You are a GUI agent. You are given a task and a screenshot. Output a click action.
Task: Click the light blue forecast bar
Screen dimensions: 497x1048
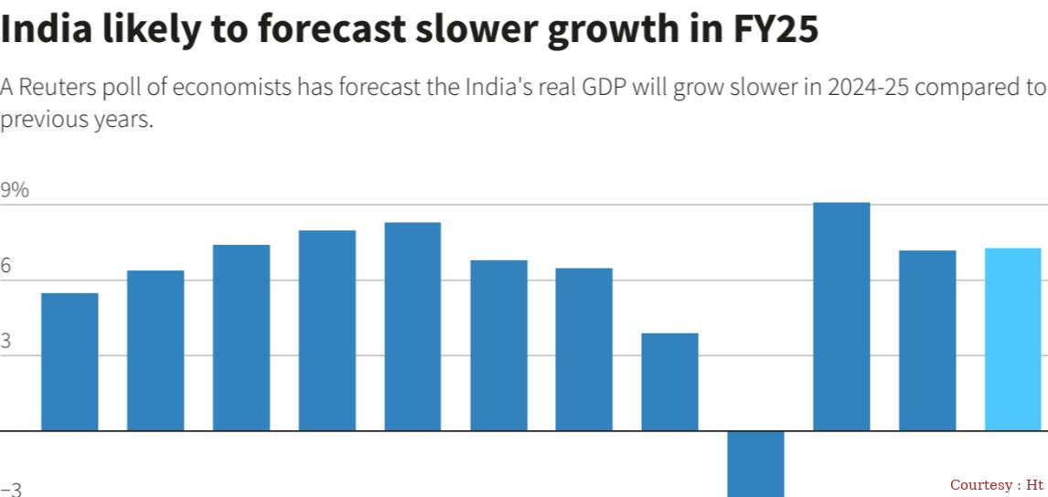coord(1012,339)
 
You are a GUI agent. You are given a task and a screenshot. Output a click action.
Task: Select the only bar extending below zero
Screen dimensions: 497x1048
coord(755,463)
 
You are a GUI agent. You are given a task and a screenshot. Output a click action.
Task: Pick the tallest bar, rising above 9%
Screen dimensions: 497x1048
coord(841,316)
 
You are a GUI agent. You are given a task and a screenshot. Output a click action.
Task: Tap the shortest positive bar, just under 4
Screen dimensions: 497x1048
coord(669,382)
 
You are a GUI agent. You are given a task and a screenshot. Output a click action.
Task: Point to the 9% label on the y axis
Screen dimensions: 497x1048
coord(15,191)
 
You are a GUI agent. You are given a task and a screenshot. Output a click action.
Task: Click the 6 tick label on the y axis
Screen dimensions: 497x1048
coord(6,266)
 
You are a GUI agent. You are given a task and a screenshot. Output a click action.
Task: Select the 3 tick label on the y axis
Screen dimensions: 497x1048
coord(6,342)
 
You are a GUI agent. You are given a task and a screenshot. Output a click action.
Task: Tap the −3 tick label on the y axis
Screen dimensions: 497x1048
coord(11,490)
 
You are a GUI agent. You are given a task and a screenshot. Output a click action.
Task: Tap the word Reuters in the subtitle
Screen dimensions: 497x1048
coord(56,88)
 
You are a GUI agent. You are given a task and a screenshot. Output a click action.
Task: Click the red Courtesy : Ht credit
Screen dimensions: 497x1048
coord(996,484)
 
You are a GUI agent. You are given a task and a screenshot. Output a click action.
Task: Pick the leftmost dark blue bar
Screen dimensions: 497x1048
coord(70,362)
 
